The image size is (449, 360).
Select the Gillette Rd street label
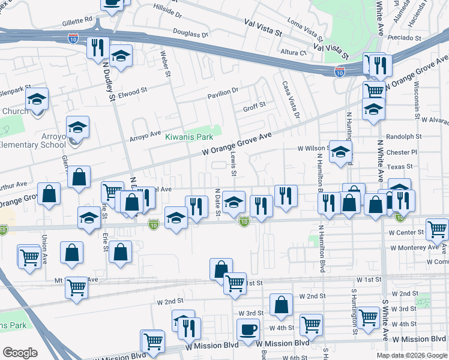point(76,20)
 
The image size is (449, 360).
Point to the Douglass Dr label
point(190,35)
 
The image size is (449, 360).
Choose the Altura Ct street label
point(294,52)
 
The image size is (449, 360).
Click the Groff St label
point(254,109)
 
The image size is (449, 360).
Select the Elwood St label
point(132,91)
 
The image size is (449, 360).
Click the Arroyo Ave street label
point(145,136)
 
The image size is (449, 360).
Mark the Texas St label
point(400,166)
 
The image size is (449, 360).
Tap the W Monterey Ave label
point(414,247)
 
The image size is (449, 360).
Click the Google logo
point(20,352)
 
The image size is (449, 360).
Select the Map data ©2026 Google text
point(411,355)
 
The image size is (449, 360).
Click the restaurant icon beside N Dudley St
point(97,48)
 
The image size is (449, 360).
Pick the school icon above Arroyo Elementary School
point(78,127)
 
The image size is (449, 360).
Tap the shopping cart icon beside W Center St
point(437,229)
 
